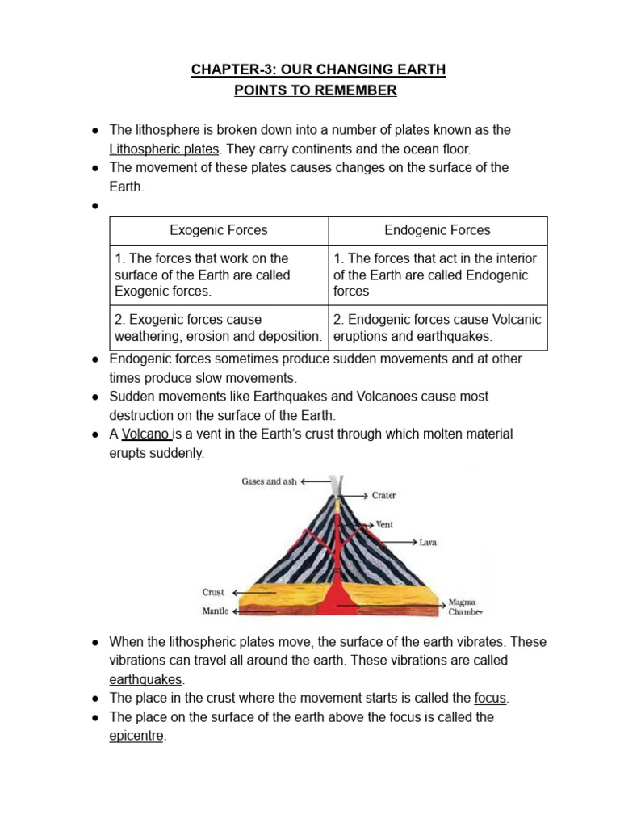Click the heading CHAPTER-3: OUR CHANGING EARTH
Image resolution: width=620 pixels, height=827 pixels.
tap(318, 69)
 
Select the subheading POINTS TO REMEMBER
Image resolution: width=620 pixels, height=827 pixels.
tap(315, 90)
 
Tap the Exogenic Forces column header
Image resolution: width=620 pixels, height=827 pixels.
tap(219, 230)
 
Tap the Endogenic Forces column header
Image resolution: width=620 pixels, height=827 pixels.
tap(437, 230)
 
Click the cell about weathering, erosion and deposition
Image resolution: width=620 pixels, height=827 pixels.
tap(219, 328)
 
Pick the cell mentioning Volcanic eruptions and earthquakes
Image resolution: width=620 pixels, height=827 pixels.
tap(437, 328)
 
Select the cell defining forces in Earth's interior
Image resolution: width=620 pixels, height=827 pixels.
tap(437, 275)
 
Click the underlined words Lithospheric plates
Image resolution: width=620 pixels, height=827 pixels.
tap(164, 149)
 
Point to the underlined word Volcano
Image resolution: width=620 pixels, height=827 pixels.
tap(145, 434)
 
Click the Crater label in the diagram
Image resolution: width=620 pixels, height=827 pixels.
tap(384, 495)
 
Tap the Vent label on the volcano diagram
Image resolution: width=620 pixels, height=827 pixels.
tap(385, 524)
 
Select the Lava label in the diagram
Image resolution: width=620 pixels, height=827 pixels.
tap(428, 542)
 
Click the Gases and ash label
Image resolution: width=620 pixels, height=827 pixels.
tap(269, 481)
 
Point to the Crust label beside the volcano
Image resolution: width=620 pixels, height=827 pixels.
tap(213, 592)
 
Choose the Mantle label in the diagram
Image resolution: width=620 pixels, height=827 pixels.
tap(215, 611)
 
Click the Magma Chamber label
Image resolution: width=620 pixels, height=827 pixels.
tap(465, 607)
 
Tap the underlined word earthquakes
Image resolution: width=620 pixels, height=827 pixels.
tap(146, 679)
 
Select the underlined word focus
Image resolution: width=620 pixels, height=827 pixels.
tap(491, 698)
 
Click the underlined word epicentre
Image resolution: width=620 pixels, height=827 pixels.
tap(136, 736)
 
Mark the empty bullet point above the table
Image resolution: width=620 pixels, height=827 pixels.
tap(94, 205)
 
